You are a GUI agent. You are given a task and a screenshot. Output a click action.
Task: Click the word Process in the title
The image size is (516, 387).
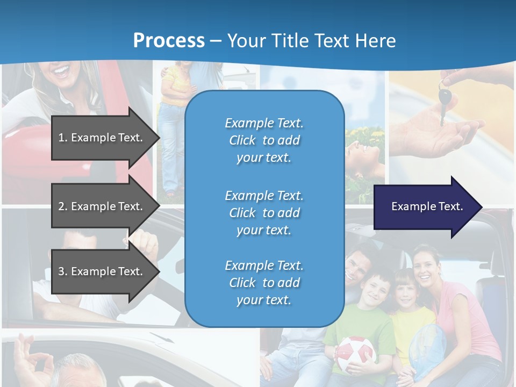(169, 41)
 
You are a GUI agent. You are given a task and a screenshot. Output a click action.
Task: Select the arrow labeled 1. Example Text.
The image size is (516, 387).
(102, 138)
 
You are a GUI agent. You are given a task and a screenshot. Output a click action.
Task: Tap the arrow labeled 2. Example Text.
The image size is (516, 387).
(102, 206)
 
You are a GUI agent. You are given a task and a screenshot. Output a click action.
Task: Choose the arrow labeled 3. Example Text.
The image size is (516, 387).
(102, 271)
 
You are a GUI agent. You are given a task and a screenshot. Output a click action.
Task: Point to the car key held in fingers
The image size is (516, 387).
(444, 100)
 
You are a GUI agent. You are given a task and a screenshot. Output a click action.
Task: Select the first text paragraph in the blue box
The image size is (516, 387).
(264, 140)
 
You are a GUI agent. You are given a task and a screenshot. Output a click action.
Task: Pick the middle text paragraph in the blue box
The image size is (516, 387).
(264, 213)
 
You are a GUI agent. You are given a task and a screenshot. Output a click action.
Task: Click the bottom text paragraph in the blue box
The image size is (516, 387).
(264, 283)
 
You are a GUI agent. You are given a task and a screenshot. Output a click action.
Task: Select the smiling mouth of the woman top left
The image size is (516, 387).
(60, 71)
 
